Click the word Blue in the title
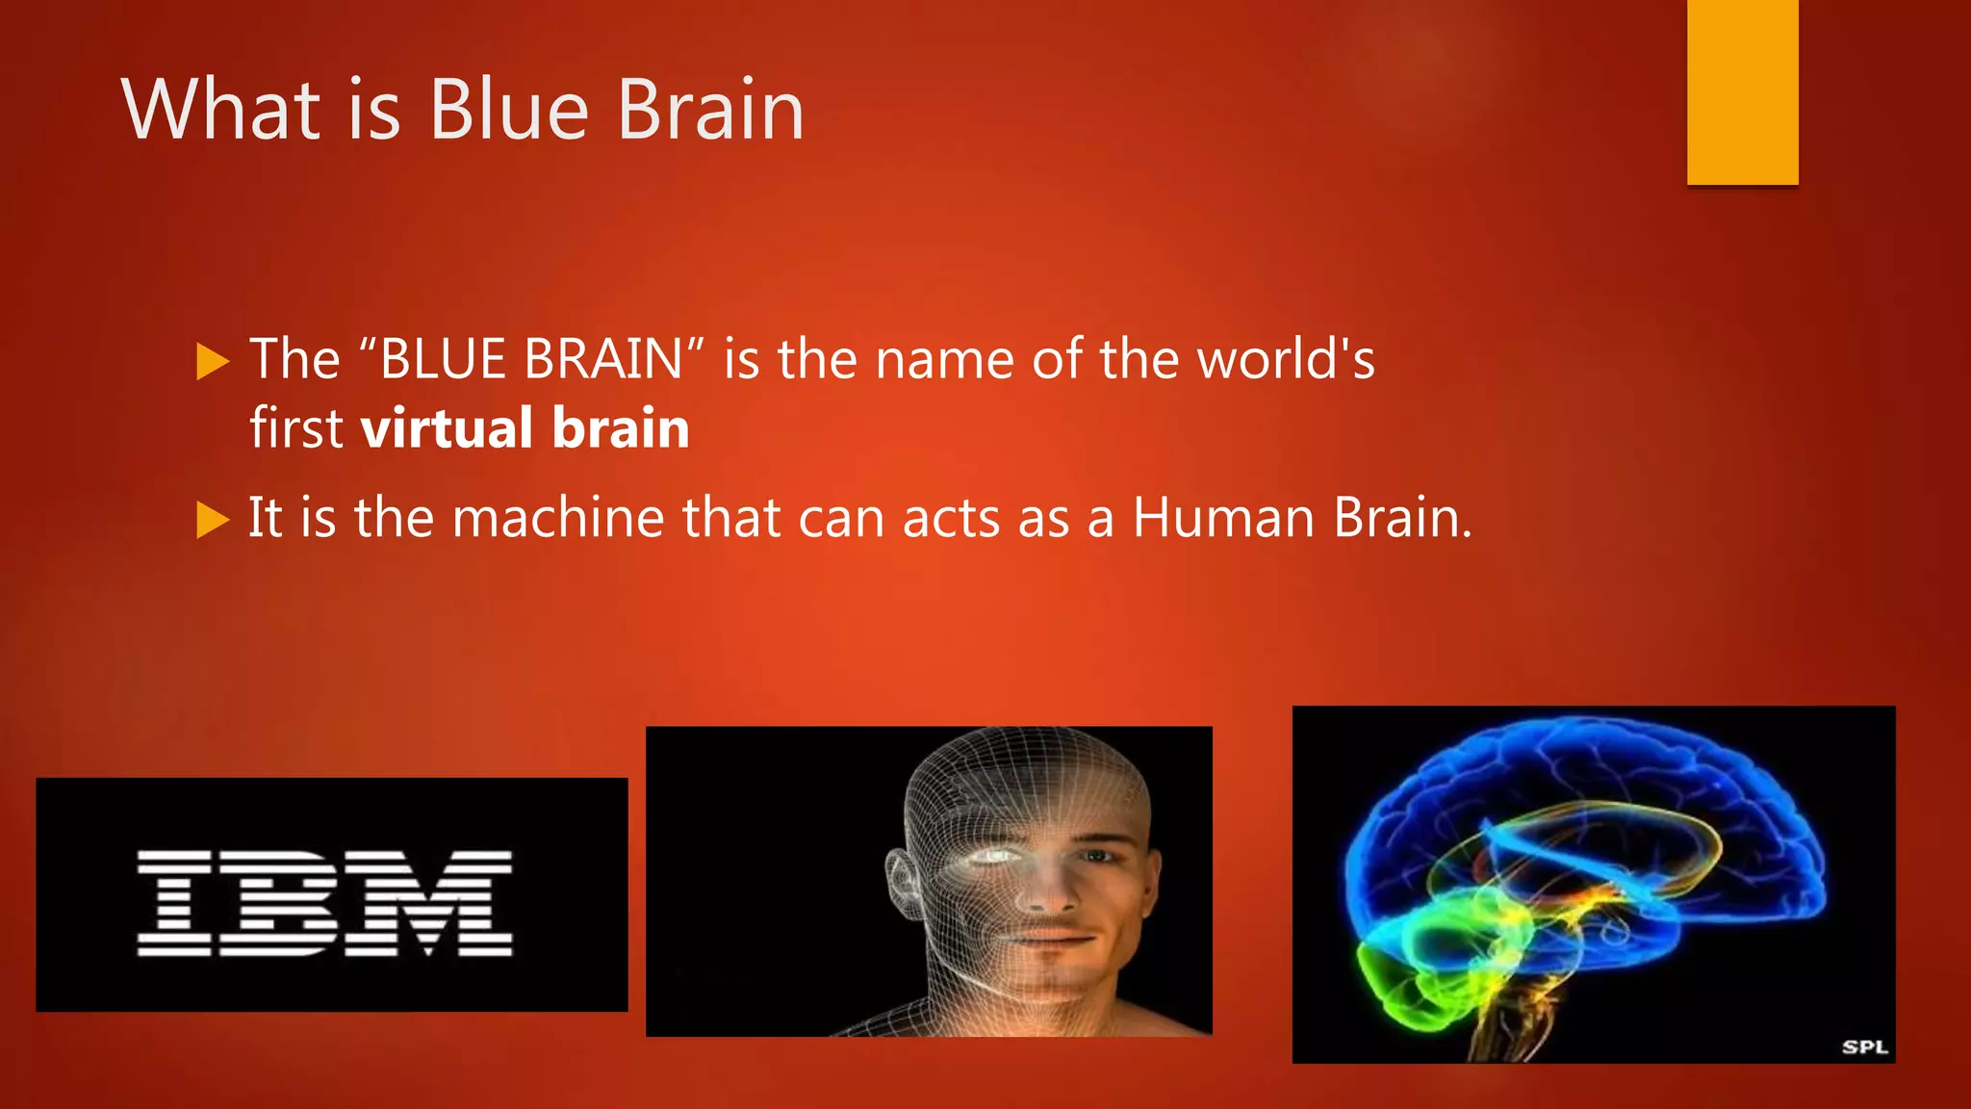point(508,110)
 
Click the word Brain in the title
point(710,110)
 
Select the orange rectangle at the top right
point(1742,91)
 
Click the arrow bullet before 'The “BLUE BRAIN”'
point(213,362)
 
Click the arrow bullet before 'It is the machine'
point(213,520)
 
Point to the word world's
point(1286,360)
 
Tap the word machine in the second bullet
point(558,518)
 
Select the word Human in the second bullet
point(1223,518)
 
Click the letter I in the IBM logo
point(174,903)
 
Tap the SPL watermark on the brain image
point(1864,1046)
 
